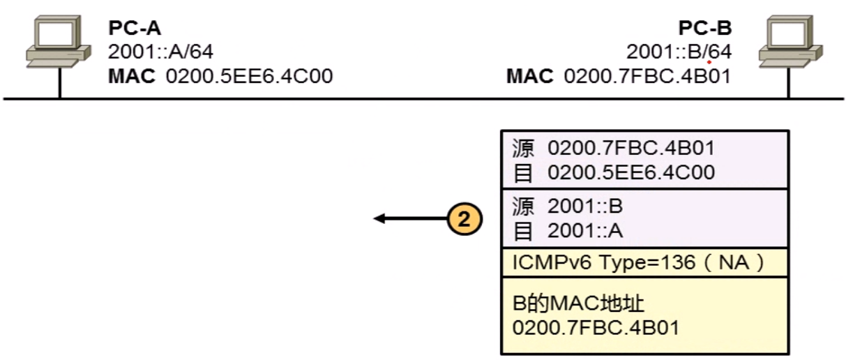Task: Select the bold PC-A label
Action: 135,29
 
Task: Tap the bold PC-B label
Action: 705,29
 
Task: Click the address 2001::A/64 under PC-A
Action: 160,52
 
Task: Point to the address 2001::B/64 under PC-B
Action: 679,52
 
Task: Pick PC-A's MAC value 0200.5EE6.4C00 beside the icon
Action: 249,75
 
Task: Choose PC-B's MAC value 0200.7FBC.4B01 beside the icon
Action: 647,75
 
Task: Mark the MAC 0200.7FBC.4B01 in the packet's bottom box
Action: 595,327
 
